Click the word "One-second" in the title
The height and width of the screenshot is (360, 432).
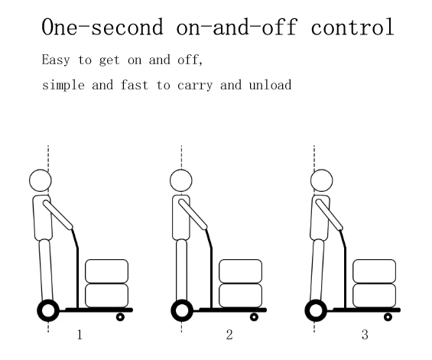coord(102,27)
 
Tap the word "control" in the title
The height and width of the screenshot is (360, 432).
coord(352,27)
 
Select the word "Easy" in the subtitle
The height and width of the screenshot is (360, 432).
coord(56,60)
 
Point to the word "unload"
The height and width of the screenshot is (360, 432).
coord(270,85)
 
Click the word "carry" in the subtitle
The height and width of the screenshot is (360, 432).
coord(195,86)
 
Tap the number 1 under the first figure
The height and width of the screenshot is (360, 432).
coord(80,335)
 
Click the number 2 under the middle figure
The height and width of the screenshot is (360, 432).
coord(229,335)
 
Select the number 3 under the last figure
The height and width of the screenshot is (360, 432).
coord(365,335)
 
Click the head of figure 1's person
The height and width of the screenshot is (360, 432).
coord(41,180)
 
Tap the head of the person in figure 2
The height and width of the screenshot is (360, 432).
coord(181,180)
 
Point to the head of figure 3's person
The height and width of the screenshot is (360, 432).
coord(322,180)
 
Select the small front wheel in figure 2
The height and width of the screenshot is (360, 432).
coord(254,317)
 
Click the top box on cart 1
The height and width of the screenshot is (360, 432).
coord(106,271)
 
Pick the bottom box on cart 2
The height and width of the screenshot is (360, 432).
coord(241,295)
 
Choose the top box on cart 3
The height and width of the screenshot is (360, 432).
coord(375,271)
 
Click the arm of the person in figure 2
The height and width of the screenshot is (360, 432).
coord(193,214)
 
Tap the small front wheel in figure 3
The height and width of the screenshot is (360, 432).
coord(388,317)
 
